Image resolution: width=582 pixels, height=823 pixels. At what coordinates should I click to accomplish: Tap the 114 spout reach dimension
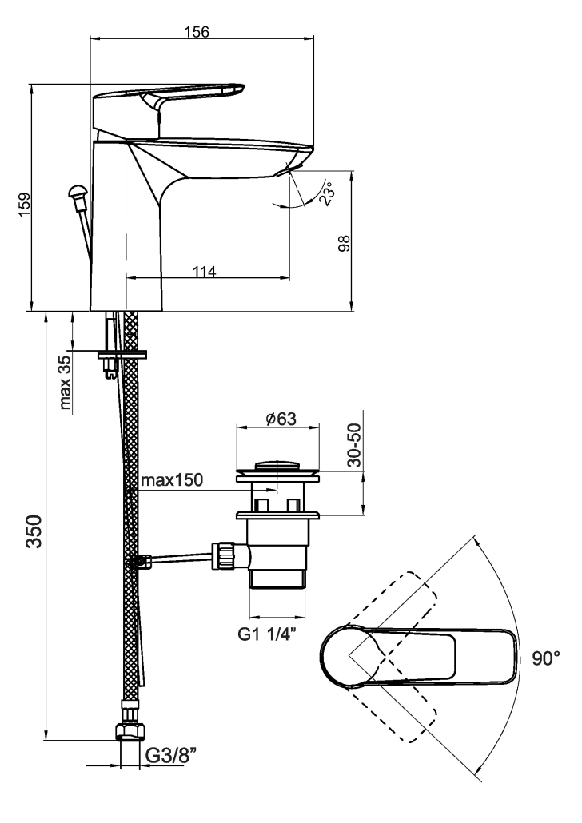pyautogui.click(x=205, y=272)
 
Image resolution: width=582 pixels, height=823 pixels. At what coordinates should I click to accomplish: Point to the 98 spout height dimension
pyautogui.click(x=344, y=241)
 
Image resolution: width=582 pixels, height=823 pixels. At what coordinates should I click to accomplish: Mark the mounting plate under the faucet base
pyautogui.click(x=123, y=352)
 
